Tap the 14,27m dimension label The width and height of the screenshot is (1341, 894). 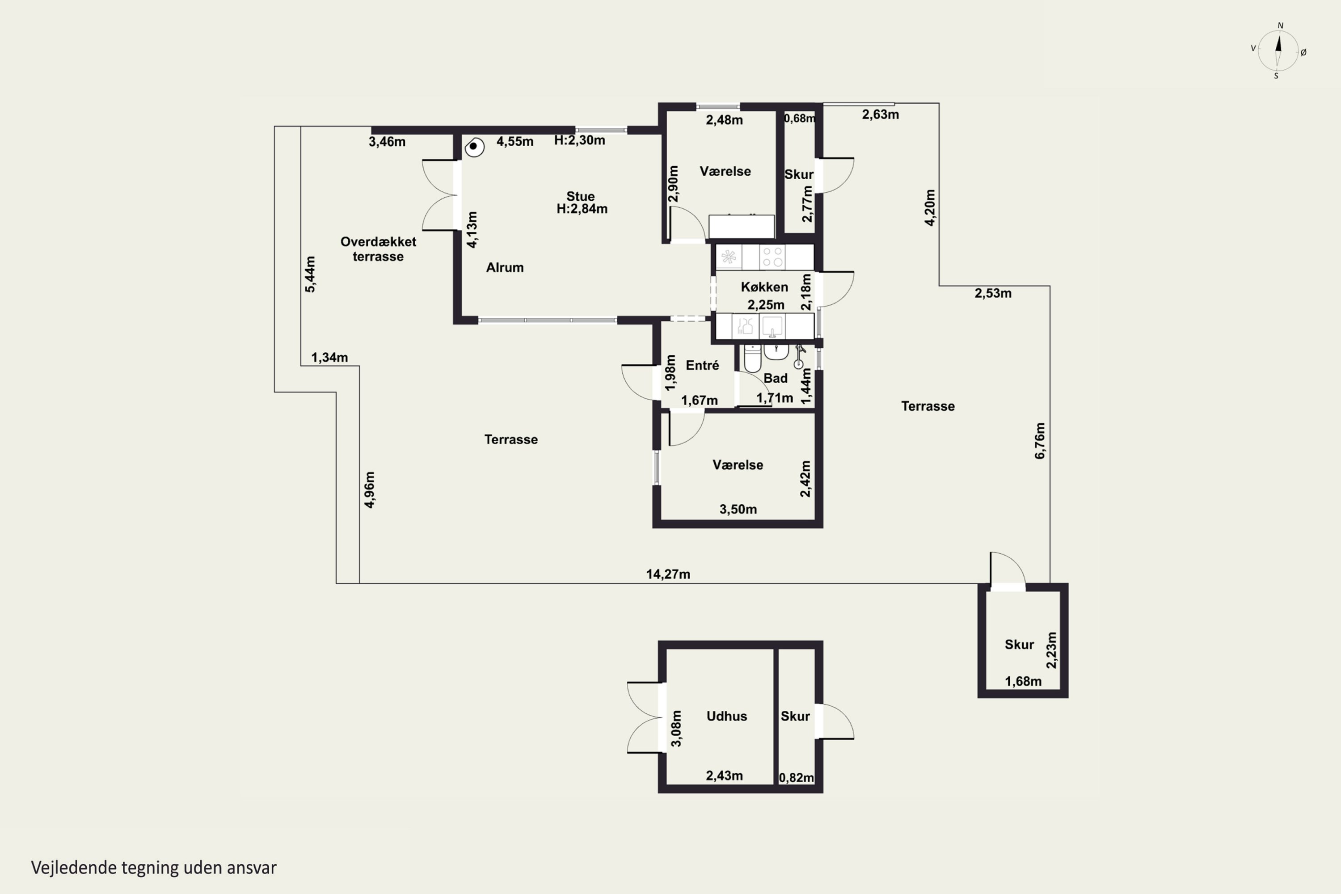pyautogui.click(x=668, y=574)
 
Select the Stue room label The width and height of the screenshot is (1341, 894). pyautogui.click(x=580, y=196)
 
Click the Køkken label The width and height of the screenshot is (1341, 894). pyautogui.click(x=764, y=287)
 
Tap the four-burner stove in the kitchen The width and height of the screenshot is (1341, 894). pyautogui.click(x=772, y=257)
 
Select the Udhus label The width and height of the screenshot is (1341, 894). pyautogui.click(x=726, y=716)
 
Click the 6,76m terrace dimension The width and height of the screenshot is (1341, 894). pyautogui.click(x=1040, y=440)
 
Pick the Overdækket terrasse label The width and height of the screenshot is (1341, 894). pyautogui.click(x=378, y=249)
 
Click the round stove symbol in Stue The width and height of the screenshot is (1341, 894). pyautogui.click(x=474, y=147)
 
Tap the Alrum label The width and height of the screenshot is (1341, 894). pyautogui.click(x=505, y=267)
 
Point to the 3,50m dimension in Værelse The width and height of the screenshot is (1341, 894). pyautogui.click(x=738, y=509)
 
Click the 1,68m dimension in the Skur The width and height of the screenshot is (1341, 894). pyautogui.click(x=1023, y=681)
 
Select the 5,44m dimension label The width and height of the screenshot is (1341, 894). pyautogui.click(x=310, y=274)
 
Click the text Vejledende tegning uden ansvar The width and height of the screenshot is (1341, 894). pyautogui.click(x=153, y=868)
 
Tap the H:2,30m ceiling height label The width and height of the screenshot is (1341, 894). pyautogui.click(x=579, y=140)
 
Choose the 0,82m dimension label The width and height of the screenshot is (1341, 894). pyautogui.click(x=796, y=778)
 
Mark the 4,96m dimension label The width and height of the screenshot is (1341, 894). pyautogui.click(x=370, y=490)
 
